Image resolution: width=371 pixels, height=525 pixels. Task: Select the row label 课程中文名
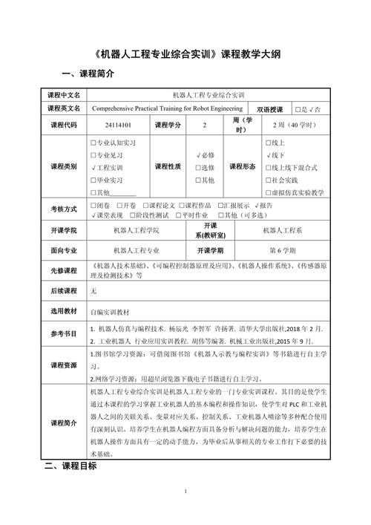tap(63, 94)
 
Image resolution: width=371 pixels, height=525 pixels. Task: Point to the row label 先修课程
tap(63, 270)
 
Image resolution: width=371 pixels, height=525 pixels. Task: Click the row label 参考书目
tap(63, 334)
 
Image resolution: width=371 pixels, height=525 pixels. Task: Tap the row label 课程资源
tap(63, 366)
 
